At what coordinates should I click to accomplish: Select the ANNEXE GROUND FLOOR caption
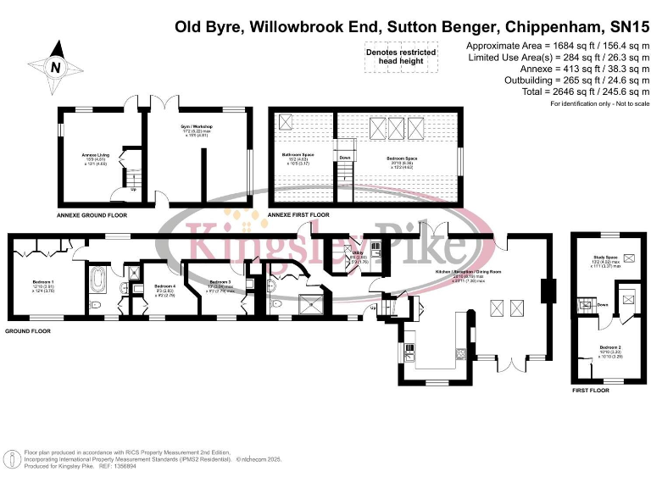click(92, 216)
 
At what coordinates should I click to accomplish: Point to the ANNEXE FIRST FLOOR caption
click(298, 216)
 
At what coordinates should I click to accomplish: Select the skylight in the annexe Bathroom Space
click(285, 122)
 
